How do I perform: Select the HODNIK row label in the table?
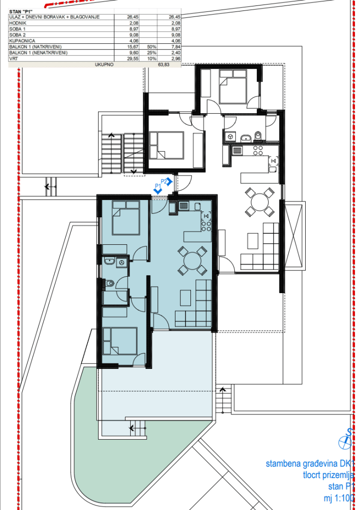[x=18, y=23]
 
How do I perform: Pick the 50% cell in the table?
[x=152, y=47]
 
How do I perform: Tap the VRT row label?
[x=13, y=59]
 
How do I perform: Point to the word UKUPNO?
[x=104, y=65]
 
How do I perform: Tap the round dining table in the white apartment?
[x=259, y=202]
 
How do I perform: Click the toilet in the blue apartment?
[x=110, y=284]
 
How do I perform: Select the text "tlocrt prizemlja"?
[x=328, y=475]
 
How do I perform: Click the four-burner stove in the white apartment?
[x=258, y=150]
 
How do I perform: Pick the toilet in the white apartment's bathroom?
[x=258, y=135]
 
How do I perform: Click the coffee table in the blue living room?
[x=185, y=298]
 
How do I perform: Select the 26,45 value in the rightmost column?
[x=175, y=17]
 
